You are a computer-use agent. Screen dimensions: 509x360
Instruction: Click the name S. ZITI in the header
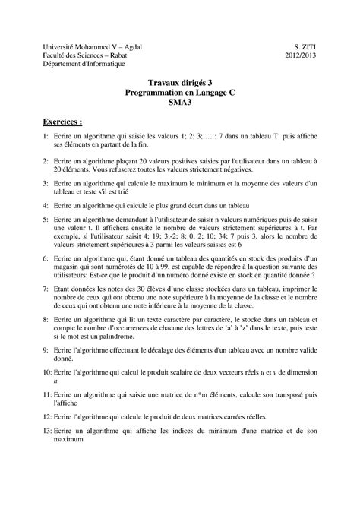[x=306, y=46]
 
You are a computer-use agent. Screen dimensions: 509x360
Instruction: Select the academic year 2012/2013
[x=302, y=55]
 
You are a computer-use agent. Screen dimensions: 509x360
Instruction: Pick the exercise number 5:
[x=46, y=219]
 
